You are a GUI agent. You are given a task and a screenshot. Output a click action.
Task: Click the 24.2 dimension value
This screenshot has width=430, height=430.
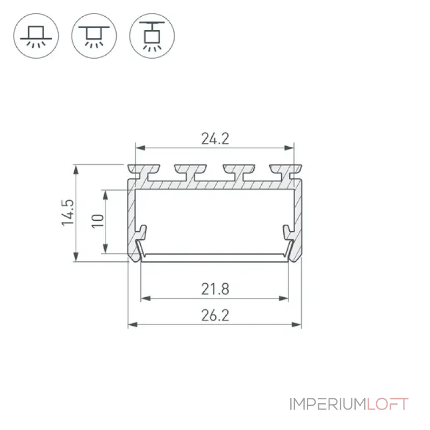coord(215,139)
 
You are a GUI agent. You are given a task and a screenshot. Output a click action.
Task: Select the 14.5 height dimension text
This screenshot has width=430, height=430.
coord(68,213)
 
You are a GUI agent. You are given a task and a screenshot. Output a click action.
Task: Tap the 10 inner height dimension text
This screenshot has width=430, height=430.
coord(98,221)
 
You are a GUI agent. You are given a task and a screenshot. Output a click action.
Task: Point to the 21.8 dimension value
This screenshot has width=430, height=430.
coord(215,289)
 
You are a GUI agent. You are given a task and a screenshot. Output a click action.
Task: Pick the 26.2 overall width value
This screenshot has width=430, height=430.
coord(215,315)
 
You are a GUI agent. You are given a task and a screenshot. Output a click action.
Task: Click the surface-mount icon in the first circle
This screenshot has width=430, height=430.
coord(36,36)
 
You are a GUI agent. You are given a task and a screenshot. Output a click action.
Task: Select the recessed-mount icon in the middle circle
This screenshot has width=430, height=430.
coord(94,36)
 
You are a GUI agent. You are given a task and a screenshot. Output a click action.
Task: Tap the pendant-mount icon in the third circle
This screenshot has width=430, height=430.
coord(152,36)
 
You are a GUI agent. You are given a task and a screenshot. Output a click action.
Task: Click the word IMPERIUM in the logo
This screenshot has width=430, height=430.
coord(328,404)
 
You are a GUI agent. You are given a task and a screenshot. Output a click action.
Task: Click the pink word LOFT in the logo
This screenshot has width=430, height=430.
coord(388,404)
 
